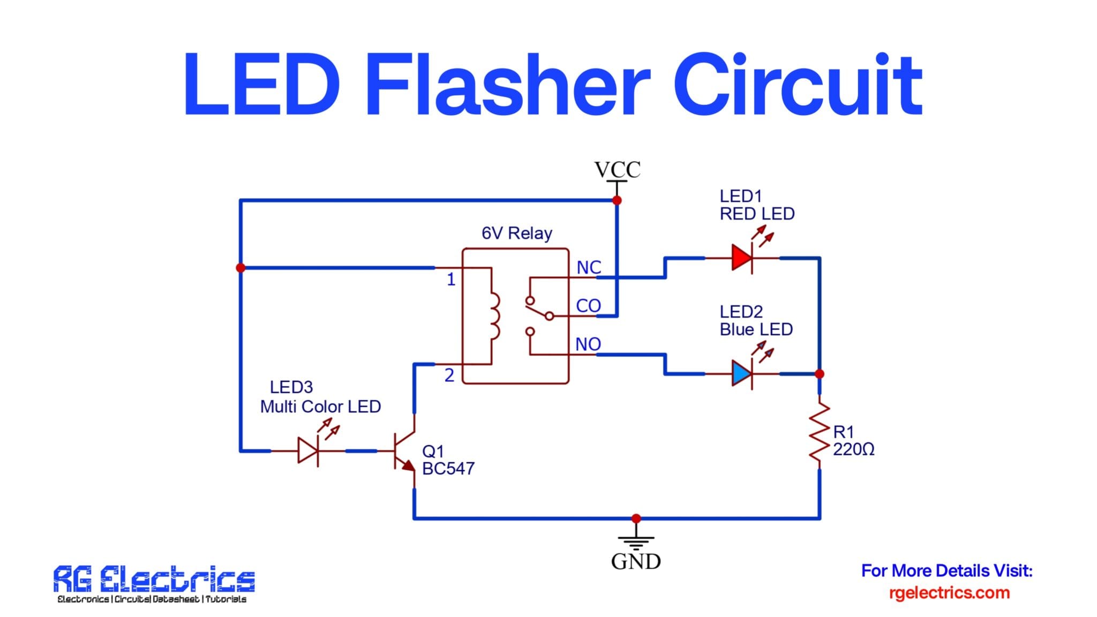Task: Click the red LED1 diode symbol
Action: point(742,258)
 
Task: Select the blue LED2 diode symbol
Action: point(742,373)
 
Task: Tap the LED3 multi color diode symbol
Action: point(309,451)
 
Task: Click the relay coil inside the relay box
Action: point(494,316)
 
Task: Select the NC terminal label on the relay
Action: point(589,267)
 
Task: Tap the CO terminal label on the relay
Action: point(588,306)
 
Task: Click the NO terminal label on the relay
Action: point(588,344)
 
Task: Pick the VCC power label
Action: point(617,170)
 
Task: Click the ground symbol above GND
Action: point(636,542)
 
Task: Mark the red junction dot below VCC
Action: point(617,200)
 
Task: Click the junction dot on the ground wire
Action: point(636,518)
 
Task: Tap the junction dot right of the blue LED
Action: point(819,373)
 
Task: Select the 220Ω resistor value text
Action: point(853,449)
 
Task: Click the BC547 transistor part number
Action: point(448,469)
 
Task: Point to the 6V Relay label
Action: point(516,234)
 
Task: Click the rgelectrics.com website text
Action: point(949,593)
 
